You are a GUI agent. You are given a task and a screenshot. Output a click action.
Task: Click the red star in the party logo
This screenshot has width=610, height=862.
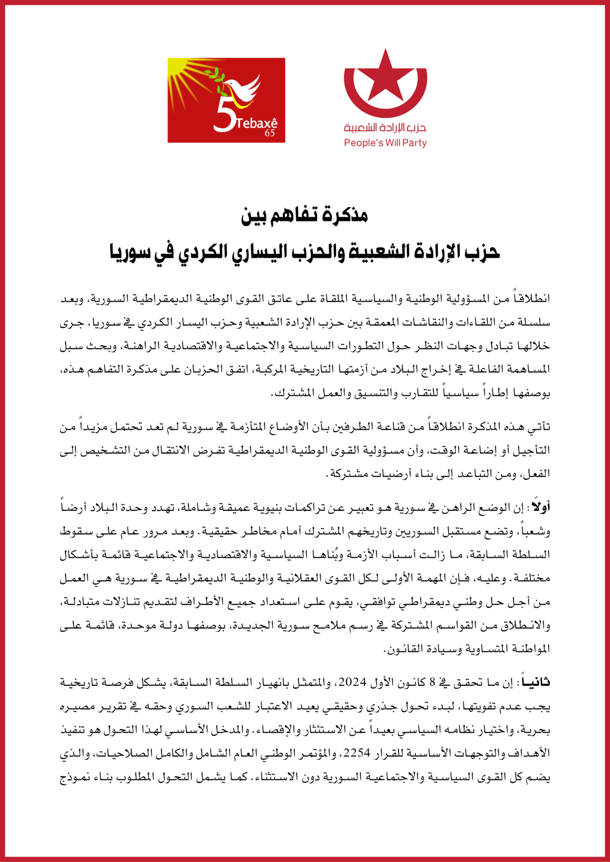(385, 76)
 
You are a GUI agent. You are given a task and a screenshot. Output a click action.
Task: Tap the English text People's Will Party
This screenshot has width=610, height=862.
(385, 143)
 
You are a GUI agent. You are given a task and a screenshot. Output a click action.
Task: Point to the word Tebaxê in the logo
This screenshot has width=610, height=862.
(257, 123)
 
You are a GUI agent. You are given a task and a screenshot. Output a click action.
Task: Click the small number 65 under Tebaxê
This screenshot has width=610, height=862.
(270, 133)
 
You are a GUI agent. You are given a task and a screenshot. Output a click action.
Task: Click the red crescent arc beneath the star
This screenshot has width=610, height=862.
(385, 107)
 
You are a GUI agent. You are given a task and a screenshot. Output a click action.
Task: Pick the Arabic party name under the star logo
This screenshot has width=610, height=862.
(385, 127)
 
